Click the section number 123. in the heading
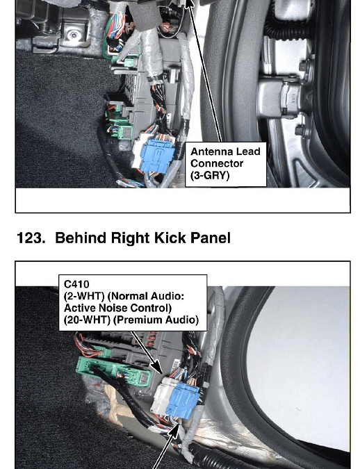(x=31, y=238)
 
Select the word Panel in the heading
(x=211, y=238)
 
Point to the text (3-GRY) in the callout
(x=210, y=175)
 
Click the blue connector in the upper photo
(x=157, y=156)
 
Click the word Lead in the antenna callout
(x=248, y=151)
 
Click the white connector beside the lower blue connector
(x=161, y=395)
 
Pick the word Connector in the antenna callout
(x=217, y=163)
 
